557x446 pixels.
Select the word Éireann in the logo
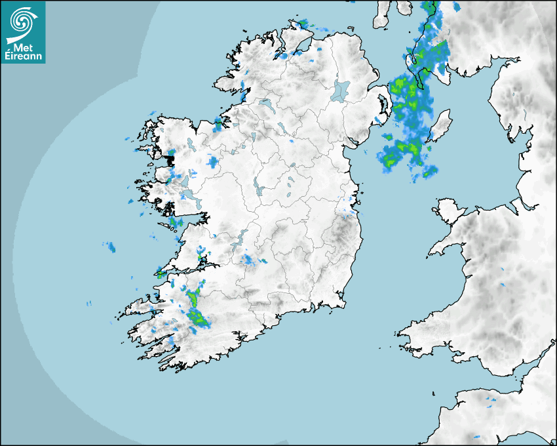pyautogui.click(x=24, y=56)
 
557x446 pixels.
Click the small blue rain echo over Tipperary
pyautogui.click(x=250, y=261)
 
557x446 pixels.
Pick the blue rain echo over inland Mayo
pyautogui.click(x=212, y=161)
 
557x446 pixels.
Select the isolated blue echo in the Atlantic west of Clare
pyautogui.click(x=110, y=247)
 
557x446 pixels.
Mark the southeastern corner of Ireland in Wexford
pyautogui.click(x=341, y=303)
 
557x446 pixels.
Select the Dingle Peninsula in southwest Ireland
pyautogui.click(x=141, y=308)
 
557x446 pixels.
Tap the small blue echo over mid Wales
pyautogui.click(x=503, y=285)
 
